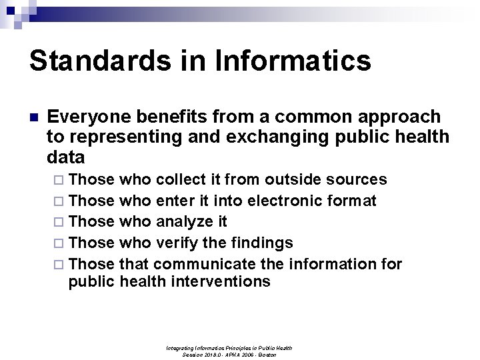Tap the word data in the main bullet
tap(66, 158)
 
